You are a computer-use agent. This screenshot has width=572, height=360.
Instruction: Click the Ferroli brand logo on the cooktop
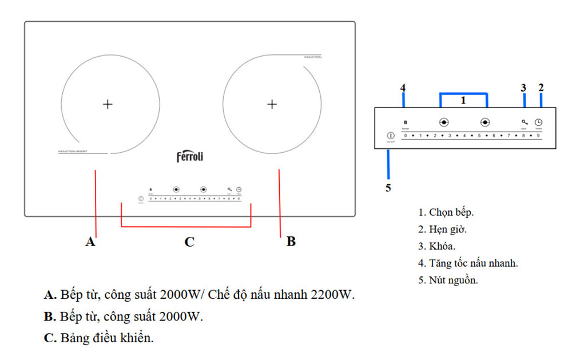(x=189, y=157)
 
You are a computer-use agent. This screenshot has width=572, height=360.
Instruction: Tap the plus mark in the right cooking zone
(x=272, y=104)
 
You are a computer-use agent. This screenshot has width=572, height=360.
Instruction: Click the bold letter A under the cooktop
(x=90, y=242)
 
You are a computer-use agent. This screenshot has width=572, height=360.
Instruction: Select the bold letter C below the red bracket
(x=189, y=242)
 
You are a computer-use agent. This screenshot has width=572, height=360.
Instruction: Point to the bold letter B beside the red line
(x=291, y=242)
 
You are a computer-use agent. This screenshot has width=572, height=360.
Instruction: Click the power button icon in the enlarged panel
(x=390, y=136)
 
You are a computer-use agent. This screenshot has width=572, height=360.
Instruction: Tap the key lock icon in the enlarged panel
(x=524, y=122)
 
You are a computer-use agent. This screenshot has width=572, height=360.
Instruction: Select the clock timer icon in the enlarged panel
(x=538, y=122)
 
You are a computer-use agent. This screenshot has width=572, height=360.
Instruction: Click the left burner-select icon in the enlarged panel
(x=443, y=122)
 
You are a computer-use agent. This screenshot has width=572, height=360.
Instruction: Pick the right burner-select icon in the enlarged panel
(x=486, y=122)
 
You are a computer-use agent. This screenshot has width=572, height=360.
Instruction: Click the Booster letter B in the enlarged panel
(x=405, y=122)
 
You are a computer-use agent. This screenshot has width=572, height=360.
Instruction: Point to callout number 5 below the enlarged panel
(x=388, y=188)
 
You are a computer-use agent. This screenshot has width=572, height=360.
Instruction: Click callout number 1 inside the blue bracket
(x=463, y=100)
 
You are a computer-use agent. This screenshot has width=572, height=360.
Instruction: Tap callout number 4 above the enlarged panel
(x=403, y=88)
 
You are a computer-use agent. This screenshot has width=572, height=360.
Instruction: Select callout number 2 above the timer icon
(x=541, y=88)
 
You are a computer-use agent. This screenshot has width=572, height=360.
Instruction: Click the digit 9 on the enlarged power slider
(x=538, y=136)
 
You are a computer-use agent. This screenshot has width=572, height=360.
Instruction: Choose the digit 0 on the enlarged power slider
(x=406, y=136)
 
